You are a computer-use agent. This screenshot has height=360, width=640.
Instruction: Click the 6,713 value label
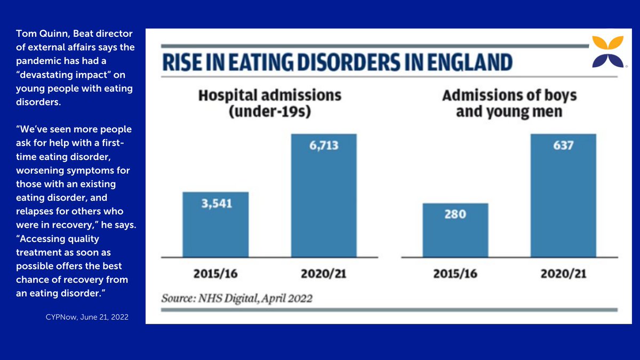click(x=323, y=145)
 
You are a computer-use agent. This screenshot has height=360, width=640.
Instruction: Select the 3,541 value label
click(x=215, y=203)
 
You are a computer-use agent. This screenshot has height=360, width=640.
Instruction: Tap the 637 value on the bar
click(x=563, y=145)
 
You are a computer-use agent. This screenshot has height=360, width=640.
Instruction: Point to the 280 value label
click(x=455, y=214)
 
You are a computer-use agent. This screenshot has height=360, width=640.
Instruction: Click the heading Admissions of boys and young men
click(x=509, y=103)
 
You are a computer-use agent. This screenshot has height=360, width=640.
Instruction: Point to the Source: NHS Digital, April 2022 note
click(x=237, y=298)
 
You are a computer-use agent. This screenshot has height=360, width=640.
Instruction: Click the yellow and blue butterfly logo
click(x=607, y=52)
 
